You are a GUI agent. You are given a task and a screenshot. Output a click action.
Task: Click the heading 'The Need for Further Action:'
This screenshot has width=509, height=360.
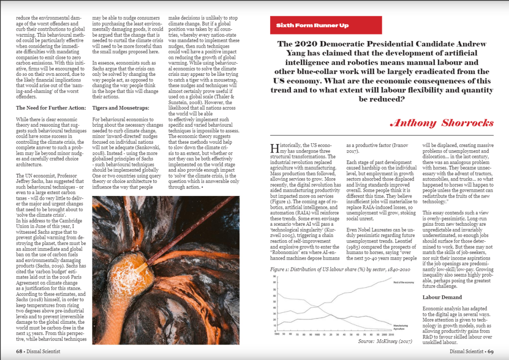pyautogui.click(x=51, y=108)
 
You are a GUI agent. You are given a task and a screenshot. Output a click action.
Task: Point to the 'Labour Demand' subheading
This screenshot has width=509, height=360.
pyautogui.click(x=442, y=297)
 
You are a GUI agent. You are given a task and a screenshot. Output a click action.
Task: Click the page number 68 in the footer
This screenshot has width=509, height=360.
pyautogui.click(x=20, y=351)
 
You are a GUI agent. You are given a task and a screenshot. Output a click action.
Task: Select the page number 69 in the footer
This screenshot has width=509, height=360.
pyautogui.click(x=490, y=351)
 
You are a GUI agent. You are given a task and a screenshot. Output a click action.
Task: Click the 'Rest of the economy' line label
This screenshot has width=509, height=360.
pyautogui.click(x=403, y=282)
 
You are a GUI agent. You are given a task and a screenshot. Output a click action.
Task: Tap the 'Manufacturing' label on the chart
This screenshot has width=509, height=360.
pyautogui.click(x=401, y=326)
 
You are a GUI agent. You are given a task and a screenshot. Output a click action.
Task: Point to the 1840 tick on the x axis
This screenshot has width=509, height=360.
pyautogui.click(x=276, y=334)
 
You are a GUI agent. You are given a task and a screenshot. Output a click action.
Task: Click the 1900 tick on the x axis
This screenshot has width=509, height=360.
pyautogui.click(x=316, y=334)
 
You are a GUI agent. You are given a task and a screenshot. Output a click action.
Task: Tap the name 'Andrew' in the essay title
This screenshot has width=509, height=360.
pyautogui.click(x=467, y=44)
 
